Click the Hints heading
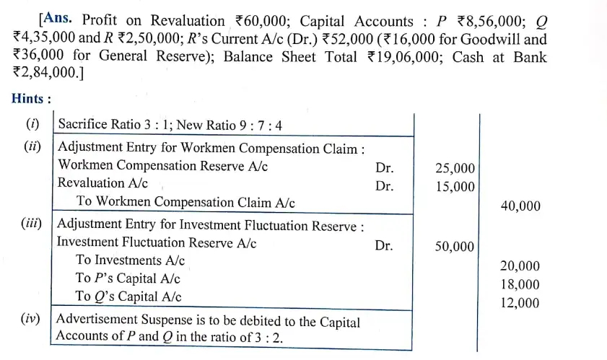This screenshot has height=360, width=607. tap(31, 100)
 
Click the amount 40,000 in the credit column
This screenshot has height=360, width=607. tap(520, 206)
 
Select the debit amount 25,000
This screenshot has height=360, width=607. tap(455, 168)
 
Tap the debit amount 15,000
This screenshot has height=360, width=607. tap(455, 187)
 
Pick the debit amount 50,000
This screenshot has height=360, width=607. tap(455, 247)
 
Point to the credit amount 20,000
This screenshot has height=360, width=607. tap(520, 266)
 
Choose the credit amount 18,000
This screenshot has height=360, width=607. tap(520, 285)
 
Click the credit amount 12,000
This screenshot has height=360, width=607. tap(520, 303)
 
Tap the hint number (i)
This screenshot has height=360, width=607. tap(33, 124)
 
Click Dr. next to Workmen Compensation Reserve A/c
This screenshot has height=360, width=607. tap(384, 167)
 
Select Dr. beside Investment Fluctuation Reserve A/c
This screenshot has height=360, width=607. tap(384, 245)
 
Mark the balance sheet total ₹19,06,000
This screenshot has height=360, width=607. tap(401, 58)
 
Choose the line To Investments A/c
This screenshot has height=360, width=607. tap(130, 260)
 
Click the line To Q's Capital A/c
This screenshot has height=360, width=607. tap(128, 297)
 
